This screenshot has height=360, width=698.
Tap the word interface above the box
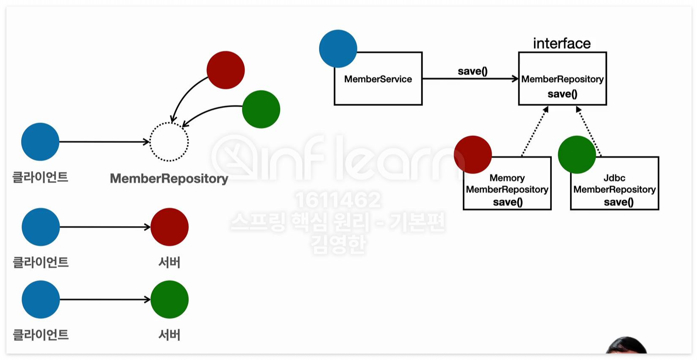(x=562, y=43)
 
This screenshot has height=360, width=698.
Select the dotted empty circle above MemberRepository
(x=169, y=142)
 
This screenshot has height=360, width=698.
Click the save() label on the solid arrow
(x=472, y=71)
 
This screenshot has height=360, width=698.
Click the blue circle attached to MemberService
(x=338, y=48)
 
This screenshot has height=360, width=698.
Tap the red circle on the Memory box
(x=473, y=154)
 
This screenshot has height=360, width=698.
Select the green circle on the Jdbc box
(x=577, y=154)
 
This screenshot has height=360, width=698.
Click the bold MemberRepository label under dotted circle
(x=169, y=179)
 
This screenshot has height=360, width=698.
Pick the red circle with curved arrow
(x=225, y=70)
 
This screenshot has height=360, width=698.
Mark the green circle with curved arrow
(x=261, y=109)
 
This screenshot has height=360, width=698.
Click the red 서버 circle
(x=170, y=227)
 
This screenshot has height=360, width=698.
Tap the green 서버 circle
(x=170, y=299)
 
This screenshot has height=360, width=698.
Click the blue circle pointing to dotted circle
(x=40, y=142)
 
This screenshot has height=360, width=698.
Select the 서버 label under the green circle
(x=170, y=335)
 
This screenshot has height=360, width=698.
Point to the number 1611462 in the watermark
(x=338, y=200)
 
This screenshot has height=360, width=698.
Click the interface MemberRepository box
(x=562, y=79)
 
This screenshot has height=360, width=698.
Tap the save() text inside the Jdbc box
(x=618, y=202)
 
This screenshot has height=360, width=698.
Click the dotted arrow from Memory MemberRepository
(x=535, y=131)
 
